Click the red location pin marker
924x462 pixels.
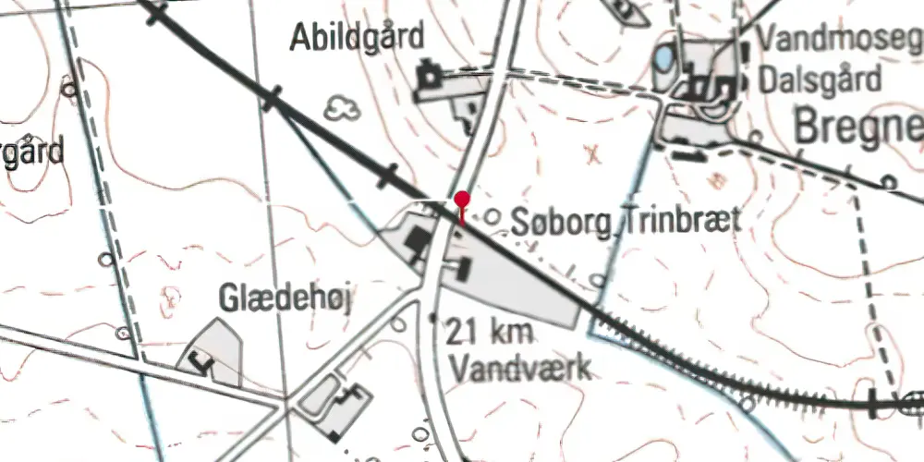(462, 201)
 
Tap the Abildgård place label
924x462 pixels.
(357, 38)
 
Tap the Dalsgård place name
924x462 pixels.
(820, 79)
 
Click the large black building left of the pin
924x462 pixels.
(418, 242)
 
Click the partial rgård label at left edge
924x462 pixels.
(32, 152)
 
